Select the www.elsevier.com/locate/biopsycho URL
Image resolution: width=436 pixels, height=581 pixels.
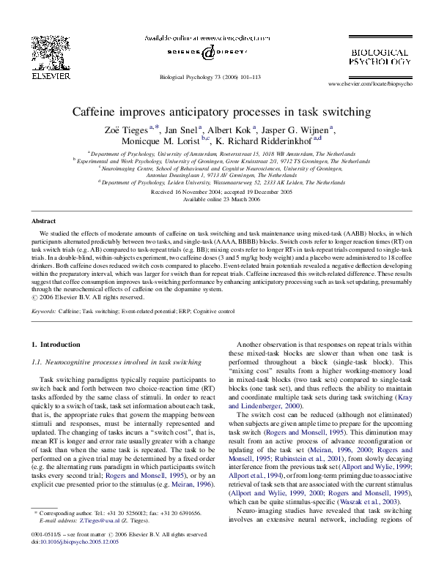(x=376, y=84)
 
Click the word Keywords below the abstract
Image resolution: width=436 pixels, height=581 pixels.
(x=44, y=311)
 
